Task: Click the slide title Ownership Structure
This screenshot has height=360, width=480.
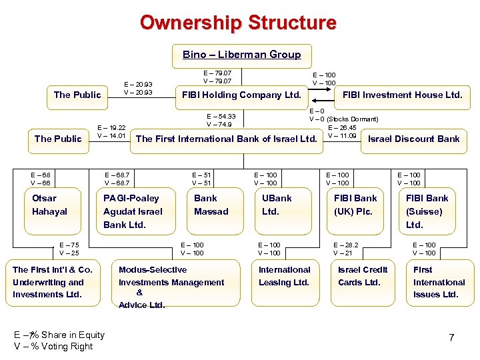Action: pos(238,23)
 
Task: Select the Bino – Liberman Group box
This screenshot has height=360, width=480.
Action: pos(241,55)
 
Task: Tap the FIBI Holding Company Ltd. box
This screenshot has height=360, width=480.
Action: pos(241,95)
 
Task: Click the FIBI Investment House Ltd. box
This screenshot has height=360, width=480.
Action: pos(402,95)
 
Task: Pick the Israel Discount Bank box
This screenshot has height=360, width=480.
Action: pos(413,139)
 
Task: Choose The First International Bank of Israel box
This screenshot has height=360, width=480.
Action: pos(226,139)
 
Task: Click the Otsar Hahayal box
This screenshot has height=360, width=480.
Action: pos(53,205)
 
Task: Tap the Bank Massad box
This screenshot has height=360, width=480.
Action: pos(211,205)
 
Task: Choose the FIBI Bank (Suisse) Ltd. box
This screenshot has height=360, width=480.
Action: pos(428,211)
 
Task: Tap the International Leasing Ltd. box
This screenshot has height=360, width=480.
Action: pos(285,276)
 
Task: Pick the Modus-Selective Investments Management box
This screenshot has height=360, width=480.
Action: pos(171,287)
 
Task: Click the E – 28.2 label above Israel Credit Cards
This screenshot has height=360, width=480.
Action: pos(346,245)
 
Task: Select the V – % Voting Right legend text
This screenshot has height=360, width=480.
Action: pos(53,346)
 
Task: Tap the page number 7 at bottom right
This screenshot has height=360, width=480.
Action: pos(451,338)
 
